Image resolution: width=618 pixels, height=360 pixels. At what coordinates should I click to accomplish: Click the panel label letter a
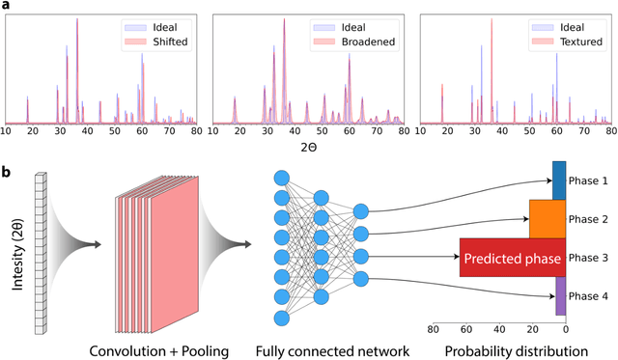click(6, 6)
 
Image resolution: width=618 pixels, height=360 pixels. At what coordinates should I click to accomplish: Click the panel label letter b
click(6, 172)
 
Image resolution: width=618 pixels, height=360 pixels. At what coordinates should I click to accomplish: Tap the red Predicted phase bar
click(512, 258)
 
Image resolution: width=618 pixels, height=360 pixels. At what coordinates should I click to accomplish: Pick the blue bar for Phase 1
click(559, 180)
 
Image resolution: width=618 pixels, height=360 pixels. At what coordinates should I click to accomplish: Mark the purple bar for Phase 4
click(561, 295)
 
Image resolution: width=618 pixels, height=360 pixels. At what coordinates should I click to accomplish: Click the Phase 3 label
click(589, 258)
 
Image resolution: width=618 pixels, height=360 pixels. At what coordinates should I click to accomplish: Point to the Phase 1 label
click(589, 180)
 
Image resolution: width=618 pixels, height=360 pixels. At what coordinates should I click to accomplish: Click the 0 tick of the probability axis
click(566, 328)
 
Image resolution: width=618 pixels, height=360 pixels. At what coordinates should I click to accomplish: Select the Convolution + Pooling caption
click(157, 348)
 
